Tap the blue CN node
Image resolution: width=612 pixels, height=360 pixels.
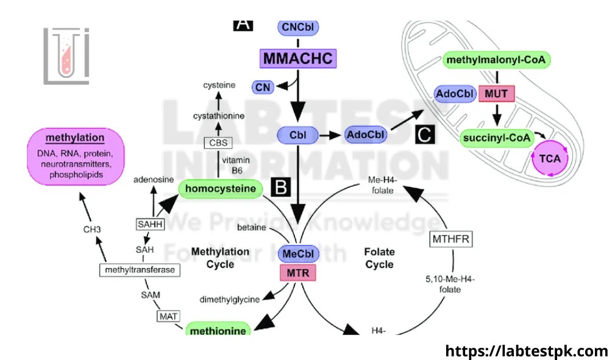coord(263,88)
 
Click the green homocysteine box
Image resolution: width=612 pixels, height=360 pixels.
coord(221,189)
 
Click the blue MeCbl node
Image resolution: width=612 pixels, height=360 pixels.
coord(298,253)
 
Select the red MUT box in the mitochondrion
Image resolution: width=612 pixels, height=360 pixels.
coord(497,94)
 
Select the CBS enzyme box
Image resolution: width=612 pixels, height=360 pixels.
coord(218,144)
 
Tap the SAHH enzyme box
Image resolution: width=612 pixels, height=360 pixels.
coord(150,224)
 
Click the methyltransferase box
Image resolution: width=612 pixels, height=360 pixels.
coord(140,269)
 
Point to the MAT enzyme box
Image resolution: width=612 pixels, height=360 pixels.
coord(168,316)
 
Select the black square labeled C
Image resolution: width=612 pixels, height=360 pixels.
coord(424,135)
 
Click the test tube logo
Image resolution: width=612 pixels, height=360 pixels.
coord(66,55)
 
